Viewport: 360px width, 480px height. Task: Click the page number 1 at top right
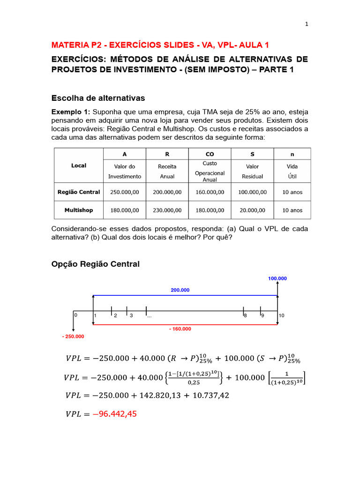(307, 25)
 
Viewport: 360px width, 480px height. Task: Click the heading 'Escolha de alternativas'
(98, 98)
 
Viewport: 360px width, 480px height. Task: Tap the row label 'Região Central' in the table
(79, 192)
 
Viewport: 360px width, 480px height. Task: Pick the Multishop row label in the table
(79, 210)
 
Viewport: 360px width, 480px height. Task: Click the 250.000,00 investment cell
(124, 192)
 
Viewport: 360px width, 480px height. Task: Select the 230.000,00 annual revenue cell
(167, 210)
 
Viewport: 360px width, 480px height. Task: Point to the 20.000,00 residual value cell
(252, 210)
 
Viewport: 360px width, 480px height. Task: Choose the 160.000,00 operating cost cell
(210, 192)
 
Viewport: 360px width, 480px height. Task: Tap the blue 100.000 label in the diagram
(277, 278)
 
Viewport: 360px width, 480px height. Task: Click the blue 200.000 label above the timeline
(180, 290)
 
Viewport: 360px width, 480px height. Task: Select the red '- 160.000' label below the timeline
(180, 329)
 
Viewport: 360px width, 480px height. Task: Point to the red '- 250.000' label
(73, 337)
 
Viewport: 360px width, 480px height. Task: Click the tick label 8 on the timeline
(245, 315)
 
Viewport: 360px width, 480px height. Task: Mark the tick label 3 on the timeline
(131, 315)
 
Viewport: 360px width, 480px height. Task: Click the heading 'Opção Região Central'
(95, 264)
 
